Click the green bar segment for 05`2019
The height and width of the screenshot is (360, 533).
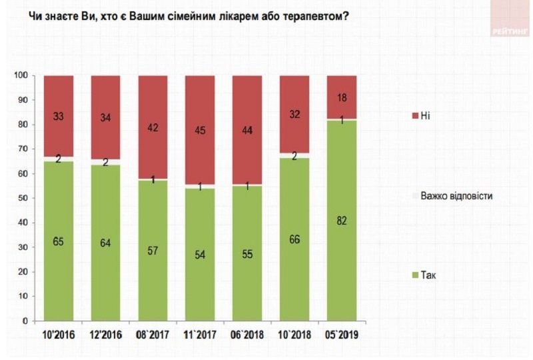(341, 220)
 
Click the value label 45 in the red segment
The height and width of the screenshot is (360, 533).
(200, 131)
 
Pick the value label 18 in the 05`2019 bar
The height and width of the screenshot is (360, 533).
(341, 97)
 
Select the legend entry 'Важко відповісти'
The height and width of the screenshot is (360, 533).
(456, 195)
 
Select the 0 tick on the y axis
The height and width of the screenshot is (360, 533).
(25, 321)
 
